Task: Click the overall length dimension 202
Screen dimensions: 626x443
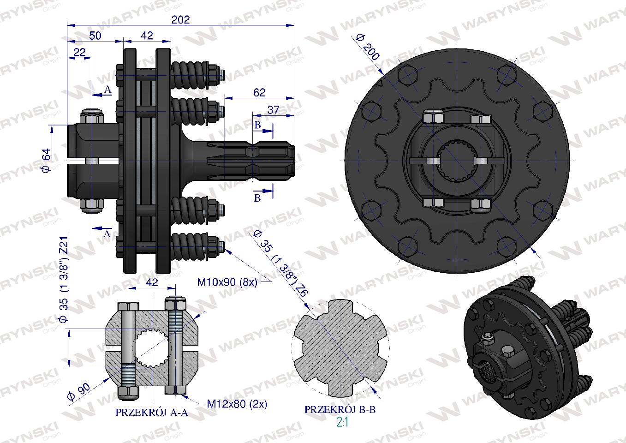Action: [180, 19]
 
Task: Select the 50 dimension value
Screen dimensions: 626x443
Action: [95, 36]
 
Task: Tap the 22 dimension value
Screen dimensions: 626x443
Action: [79, 52]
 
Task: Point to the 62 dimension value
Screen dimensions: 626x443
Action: [259, 92]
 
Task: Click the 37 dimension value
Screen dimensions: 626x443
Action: [273, 110]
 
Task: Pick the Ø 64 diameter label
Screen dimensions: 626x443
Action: [47, 161]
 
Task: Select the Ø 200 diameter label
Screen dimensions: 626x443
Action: [368, 47]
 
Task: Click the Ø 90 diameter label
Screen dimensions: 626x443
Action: [79, 392]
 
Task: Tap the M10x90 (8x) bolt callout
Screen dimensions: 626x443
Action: [227, 282]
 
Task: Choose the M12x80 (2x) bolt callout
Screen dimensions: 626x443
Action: [237, 404]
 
